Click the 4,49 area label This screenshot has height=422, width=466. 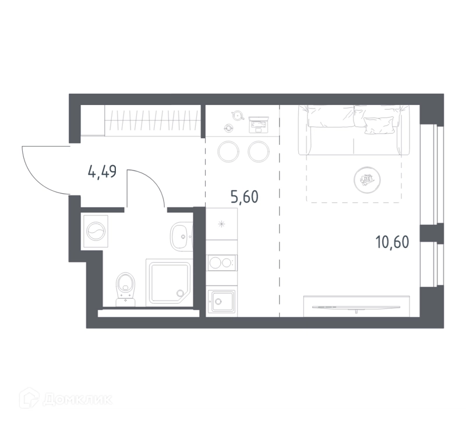[102, 172]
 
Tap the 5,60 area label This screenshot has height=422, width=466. [244, 197]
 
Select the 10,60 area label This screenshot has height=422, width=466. [392, 242]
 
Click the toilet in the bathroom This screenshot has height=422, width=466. [126, 289]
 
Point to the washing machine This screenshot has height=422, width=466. [96, 231]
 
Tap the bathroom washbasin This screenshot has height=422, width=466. [181, 236]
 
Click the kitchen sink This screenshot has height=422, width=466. [222, 301]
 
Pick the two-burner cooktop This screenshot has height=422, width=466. [222, 263]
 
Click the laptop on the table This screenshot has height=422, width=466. [259, 124]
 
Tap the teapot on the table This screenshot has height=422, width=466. [238, 115]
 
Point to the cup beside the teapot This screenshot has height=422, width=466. [228, 128]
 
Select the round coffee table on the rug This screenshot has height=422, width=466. [368, 180]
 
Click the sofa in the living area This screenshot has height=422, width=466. [354, 130]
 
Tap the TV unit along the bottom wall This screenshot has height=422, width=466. [356, 306]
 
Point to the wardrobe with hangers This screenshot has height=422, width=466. [151, 120]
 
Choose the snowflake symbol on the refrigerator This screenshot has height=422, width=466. [221, 224]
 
